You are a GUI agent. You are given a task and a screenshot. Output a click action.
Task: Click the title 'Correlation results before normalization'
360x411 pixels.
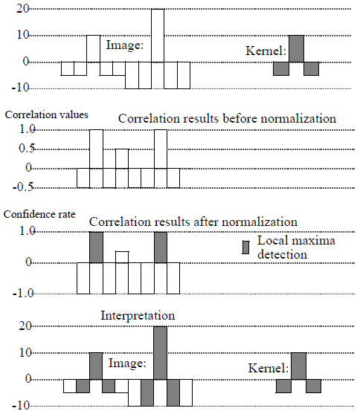pos(226,119)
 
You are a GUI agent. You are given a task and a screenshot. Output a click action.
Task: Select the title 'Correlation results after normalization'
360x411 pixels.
pos(193,221)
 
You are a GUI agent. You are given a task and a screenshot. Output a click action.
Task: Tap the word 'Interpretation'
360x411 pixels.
pos(138,316)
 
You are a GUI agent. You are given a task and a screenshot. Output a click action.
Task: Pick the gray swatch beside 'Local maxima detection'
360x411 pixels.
pos(245,247)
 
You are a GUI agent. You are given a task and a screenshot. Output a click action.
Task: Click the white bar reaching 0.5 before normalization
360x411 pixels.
pos(121,158)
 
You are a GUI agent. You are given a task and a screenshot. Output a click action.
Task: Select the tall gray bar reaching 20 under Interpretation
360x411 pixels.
pos(160,353)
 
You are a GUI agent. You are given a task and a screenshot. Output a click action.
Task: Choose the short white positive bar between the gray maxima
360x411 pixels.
pos(121,257)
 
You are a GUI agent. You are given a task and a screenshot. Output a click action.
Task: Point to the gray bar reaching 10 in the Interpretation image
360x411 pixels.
pos(95,366)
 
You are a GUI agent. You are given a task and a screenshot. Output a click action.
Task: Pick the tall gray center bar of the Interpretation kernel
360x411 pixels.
pos(297,366)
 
